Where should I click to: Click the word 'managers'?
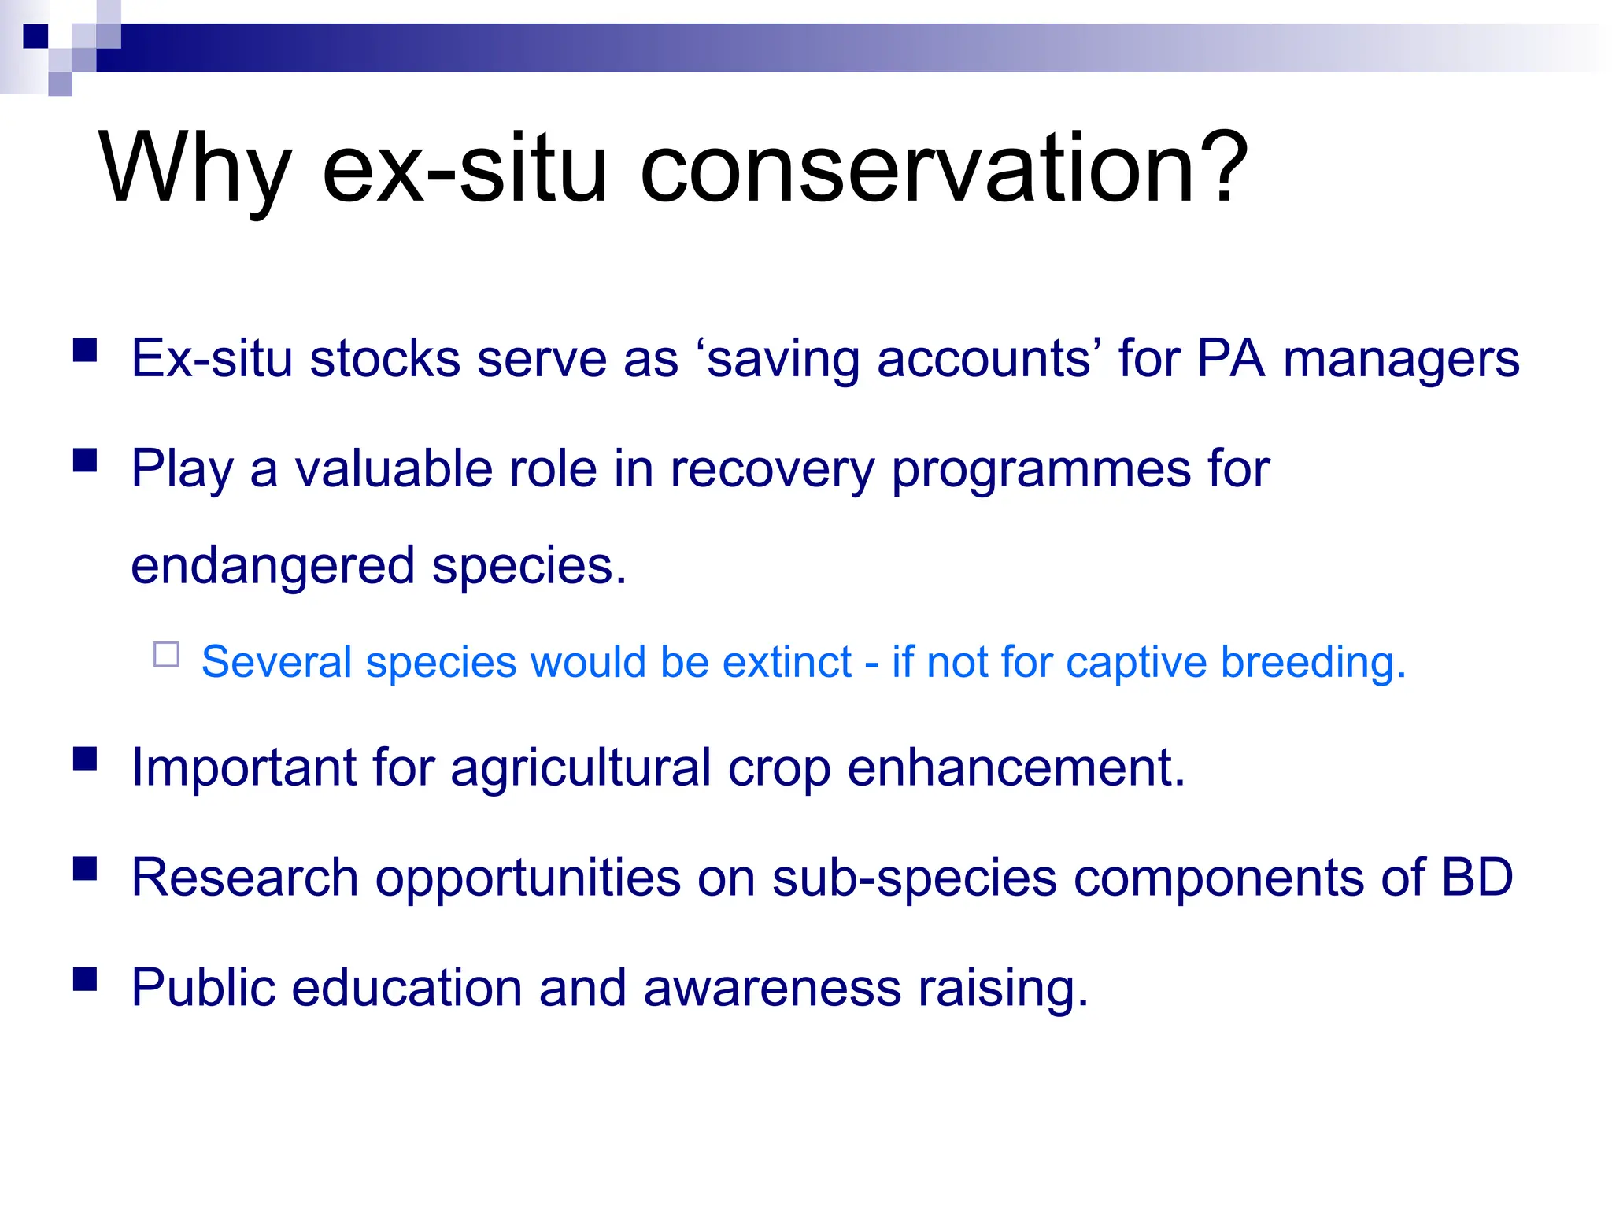coord(1401,360)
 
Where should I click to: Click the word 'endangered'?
coord(272,567)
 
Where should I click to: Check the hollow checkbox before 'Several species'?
coord(167,655)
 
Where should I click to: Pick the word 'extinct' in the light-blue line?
coord(786,662)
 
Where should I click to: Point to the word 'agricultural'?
coord(581,768)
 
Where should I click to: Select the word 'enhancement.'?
coord(1015,768)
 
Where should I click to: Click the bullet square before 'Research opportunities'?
coord(85,869)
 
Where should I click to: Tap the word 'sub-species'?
coord(914,878)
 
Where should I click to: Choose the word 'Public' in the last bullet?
coord(203,987)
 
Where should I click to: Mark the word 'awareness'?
coord(771,987)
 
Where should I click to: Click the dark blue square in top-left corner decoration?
coord(35,36)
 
